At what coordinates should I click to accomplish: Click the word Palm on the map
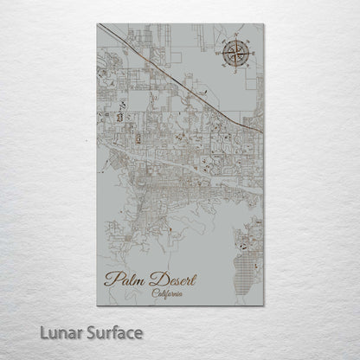tap(124, 280)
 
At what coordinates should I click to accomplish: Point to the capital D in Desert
tap(152, 279)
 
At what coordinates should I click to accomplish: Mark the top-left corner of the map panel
tap(98, 24)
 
